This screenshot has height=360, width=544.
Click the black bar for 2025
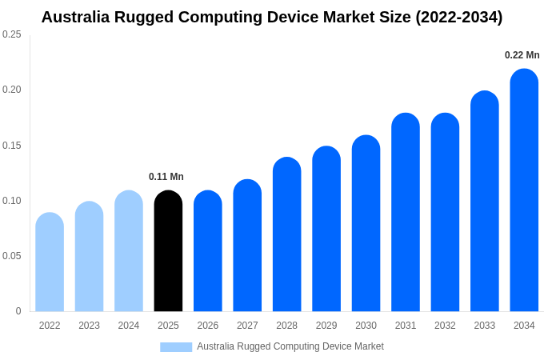pyautogui.click(x=168, y=251)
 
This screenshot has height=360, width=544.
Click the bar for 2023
pyautogui.click(x=89, y=257)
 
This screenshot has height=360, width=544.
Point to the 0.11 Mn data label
pyautogui.click(x=166, y=177)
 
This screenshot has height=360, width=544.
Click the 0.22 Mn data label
pyautogui.click(x=522, y=55)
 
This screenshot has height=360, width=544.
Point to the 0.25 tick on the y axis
pyautogui.click(x=12, y=34)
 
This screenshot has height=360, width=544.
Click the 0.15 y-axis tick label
pyautogui.click(x=12, y=146)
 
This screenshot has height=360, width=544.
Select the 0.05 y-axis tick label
pyautogui.click(x=12, y=256)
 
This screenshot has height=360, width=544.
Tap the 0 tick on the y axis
pyautogui.click(x=18, y=311)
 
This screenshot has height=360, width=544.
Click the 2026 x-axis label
pyautogui.click(x=208, y=326)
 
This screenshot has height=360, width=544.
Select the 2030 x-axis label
pyautogui.click(x=366, y=326)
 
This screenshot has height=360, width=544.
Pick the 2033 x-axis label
pyautogui.click(x=485, y=326)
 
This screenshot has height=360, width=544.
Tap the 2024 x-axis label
pyautogui.click(x=129, y=326)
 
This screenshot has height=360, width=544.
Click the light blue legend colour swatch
pyautogui.click(x=176, y=346)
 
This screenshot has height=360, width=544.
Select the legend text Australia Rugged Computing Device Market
pyautogui.click(x=290, y=346)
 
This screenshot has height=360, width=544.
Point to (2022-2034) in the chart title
pyautogui.click(x=459, y=17)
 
